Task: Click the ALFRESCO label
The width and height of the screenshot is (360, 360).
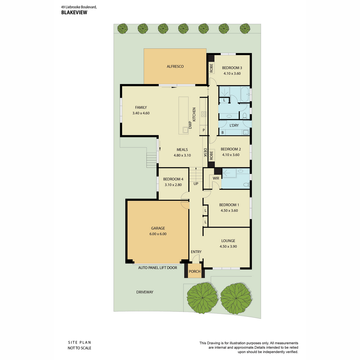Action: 175,66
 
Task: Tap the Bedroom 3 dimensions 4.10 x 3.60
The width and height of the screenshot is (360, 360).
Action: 232,73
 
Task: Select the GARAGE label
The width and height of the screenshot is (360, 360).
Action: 158,228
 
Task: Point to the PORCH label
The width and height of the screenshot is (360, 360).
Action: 194,271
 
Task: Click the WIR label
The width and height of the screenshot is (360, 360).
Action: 216,178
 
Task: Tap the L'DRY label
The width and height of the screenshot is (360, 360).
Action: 234,125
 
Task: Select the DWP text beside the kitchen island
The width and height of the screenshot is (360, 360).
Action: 190,125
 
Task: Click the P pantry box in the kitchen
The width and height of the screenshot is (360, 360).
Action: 204,130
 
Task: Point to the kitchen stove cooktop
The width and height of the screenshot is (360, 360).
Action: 203,114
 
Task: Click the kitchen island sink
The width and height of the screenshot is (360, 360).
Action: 185,130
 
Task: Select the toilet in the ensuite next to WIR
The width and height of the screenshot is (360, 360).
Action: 247,184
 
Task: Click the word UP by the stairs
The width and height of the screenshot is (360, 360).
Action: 196,184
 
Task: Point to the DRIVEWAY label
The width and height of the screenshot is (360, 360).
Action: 145,292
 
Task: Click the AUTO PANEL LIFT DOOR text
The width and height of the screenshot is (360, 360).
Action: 157,268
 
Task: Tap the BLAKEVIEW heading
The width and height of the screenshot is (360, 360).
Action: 74,13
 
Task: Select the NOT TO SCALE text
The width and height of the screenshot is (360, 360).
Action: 79,348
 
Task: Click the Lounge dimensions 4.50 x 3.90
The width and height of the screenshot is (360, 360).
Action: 228,246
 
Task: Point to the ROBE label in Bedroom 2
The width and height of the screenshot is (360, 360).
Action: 211,156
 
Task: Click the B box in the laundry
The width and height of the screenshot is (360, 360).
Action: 223,133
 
